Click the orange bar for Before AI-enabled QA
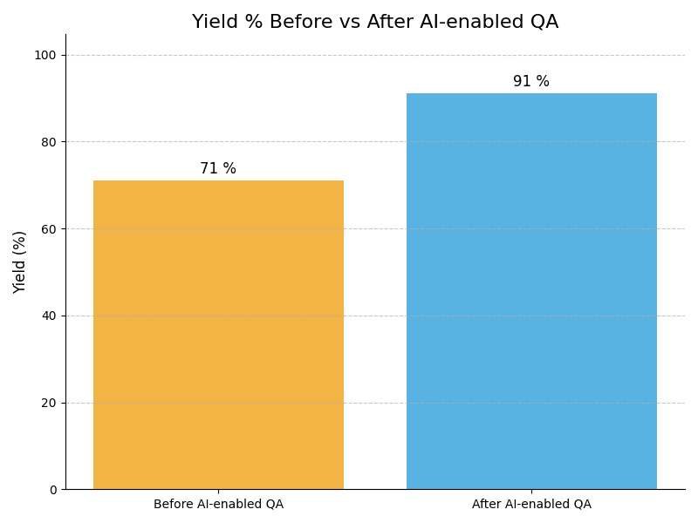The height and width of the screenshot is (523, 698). click(x=218, y=335)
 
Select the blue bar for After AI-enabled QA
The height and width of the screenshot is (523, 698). click(x=531, y=291)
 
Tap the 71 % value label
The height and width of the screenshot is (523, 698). click(x=218, y=169)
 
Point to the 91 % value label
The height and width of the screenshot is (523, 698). click(x=531, y=82)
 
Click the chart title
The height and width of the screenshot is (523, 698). click(x=375, y=23)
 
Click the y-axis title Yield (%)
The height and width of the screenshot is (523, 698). click(x=20, y=261)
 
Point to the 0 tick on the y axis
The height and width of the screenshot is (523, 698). click(x=52, y=490)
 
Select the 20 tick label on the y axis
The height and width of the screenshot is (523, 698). click(x=49, y=403)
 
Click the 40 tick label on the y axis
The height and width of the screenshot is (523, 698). click(x=49, y=316)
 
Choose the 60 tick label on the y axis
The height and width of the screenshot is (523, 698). click(x=49, y=228)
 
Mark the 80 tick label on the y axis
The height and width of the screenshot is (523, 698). click(x=49, y=141)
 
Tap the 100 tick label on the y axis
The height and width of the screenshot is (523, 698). click(x=45, y=55)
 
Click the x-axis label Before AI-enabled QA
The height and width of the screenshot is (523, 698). click(x=218, y=505)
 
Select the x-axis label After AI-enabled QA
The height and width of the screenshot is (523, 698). click(x=531, y=505)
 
